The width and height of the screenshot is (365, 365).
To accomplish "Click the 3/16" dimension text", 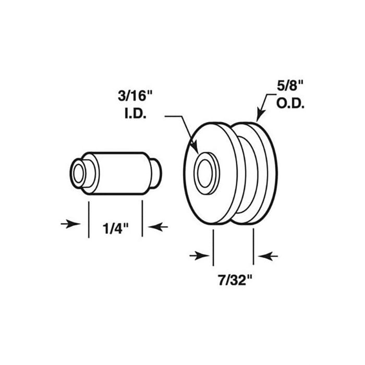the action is (x=135, y=96).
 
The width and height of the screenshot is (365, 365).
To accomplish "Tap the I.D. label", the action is (x=136, y=114).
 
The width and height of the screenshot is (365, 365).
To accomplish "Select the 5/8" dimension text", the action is (x=290, y=86).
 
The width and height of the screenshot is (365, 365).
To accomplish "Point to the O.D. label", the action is (x=290, y=104).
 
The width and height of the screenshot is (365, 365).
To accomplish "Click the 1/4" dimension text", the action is (x=115, y=228).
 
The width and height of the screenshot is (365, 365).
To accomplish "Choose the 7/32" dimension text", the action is (x=235, y=281).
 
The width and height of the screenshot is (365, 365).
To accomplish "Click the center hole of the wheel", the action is (x=205, y=173).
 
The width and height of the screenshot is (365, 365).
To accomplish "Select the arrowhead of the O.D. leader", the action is (x=260, y=115).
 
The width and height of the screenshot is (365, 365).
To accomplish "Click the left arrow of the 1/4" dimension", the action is (x=70, y=224).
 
